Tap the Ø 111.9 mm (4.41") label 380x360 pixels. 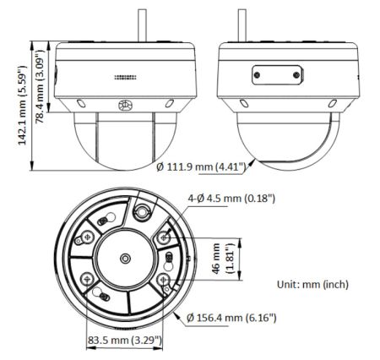[200, 167]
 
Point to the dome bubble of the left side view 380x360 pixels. [125, 137]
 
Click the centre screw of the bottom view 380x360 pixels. [125, 258]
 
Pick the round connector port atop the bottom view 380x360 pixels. [144, 209]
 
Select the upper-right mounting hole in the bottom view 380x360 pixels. [163, 238]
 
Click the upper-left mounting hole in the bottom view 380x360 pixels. [87, 238]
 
